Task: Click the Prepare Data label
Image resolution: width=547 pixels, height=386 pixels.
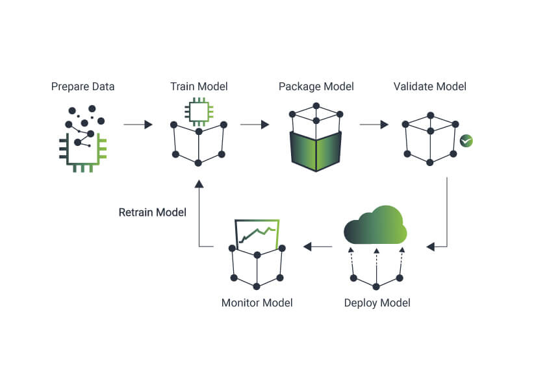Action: [83, 86]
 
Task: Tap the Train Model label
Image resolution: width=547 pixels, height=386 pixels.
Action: [199, 86]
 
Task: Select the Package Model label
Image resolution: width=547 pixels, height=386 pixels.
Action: [316, 86]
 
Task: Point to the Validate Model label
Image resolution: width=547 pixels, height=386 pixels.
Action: [430, 86]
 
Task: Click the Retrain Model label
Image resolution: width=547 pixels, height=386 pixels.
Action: [153, 212]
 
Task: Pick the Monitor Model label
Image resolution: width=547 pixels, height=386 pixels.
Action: [257, 303]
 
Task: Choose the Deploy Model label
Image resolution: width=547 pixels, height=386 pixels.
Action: [377, 303]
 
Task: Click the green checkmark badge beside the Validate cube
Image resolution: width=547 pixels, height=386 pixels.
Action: [466, 141]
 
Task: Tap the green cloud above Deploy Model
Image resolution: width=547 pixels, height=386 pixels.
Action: [375, 225]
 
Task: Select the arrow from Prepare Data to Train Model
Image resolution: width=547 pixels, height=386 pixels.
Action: [138, 125]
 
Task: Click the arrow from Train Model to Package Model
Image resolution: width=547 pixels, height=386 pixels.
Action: [255, 125]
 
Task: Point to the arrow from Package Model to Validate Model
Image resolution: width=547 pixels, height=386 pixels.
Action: [374, 125]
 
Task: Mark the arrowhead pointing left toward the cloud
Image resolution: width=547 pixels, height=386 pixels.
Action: [431, 247]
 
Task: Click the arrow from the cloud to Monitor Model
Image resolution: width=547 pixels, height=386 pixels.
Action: [318, 247]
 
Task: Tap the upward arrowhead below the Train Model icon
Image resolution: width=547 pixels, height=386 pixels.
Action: [199, 184]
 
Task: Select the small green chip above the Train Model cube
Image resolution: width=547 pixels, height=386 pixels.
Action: [199, 112]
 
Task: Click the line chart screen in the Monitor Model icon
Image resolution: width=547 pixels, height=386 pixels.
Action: [257, 234]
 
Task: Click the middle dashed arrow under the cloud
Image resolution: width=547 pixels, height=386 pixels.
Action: [376, 266]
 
